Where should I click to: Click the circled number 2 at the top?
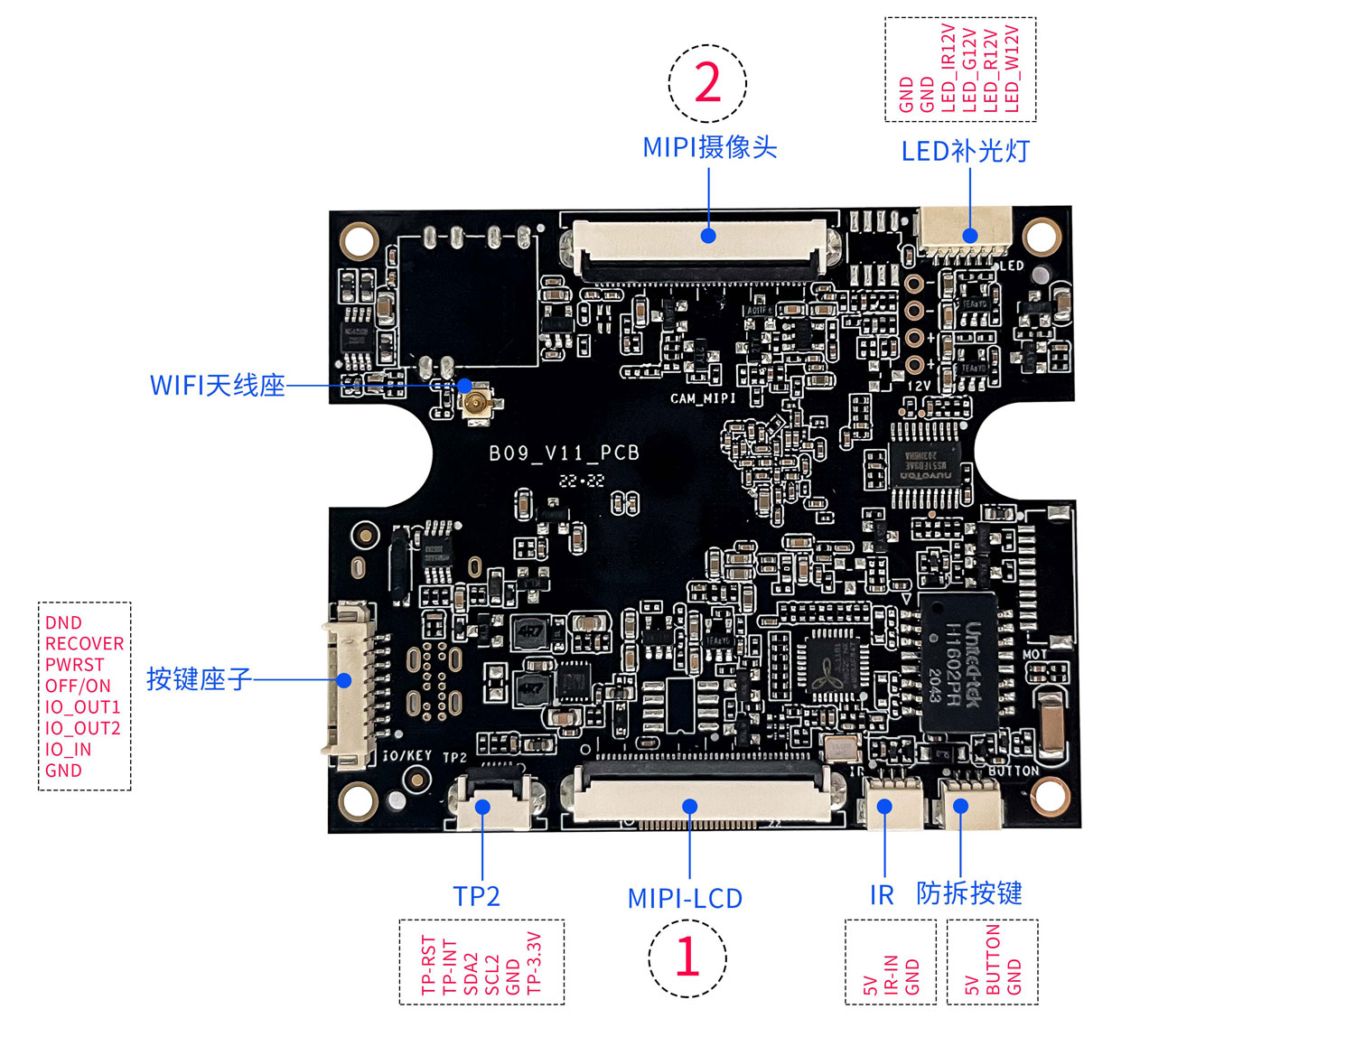pos(707,83)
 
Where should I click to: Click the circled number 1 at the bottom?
pos(687,958)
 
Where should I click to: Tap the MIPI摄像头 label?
pos(709,147)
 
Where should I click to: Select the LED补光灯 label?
pos(965,151)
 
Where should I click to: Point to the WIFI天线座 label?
pos(217,386)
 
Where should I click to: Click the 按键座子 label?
pos(199,678)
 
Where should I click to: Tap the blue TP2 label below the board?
pos(476,896)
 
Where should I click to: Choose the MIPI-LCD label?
pos(685,899)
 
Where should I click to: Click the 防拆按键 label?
pos(969,893)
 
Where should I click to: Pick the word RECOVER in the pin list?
pos(84,644)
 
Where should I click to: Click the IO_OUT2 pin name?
pos(82,728)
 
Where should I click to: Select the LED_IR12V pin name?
pos(948,69)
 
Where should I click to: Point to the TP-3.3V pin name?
pos(534,964)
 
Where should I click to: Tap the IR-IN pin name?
pos(891,975)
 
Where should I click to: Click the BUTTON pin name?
pos(993,959)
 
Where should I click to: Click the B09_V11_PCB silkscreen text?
pos(564,453)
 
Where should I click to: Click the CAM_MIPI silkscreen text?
pos(703,398)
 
